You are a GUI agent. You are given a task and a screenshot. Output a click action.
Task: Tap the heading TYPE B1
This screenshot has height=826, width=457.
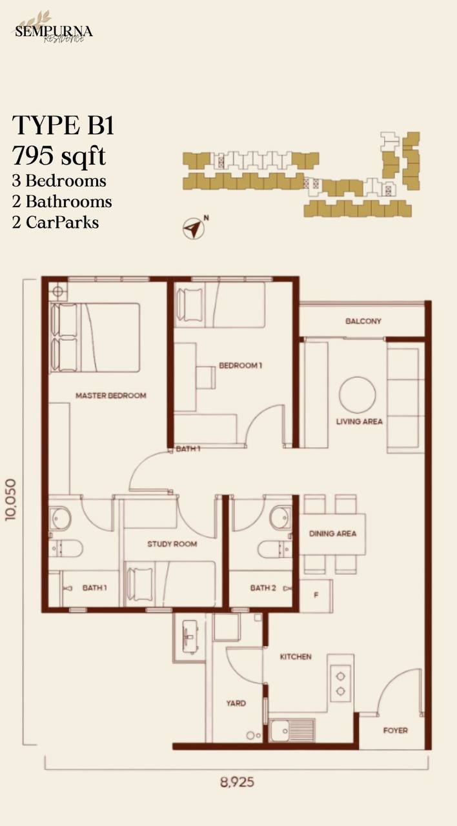point(63,125)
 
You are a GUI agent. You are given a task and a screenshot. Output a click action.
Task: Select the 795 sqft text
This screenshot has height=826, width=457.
point(59,156)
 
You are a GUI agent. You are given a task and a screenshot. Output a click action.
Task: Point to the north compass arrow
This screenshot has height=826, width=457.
point(194,228)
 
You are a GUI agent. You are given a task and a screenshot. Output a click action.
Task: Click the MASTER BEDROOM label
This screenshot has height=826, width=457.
point(110,396)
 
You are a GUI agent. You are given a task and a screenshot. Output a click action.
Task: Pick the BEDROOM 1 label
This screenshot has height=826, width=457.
point(241,365)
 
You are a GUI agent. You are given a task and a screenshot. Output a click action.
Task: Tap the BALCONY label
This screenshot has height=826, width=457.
point(363,321)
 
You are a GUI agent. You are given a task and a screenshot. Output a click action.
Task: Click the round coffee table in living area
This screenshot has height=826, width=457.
point(358,395)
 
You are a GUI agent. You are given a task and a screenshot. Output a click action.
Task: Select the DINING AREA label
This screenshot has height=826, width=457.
point(332,534)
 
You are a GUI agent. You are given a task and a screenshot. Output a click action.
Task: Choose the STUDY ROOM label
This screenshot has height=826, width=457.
point(172,544)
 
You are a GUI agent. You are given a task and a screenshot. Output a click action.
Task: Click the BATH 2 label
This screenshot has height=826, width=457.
point(263,588)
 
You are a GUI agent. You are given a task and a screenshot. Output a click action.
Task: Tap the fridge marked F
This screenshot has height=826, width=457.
point(316,595)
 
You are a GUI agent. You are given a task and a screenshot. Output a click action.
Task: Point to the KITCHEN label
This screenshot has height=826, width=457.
point(296,657)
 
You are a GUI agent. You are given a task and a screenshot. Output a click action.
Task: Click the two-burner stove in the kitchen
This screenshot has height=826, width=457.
point(340,683)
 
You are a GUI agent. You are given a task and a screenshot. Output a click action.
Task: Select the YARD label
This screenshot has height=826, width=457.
point(236,703)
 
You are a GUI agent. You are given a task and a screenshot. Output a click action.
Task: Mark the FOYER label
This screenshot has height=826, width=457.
point(396,730)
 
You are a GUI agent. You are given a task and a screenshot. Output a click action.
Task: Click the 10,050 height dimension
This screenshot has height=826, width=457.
point(12,499)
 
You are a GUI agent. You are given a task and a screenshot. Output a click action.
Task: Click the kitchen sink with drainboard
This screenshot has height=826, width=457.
point(292,730)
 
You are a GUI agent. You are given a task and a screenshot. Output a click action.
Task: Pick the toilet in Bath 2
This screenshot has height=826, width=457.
point(274,549)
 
